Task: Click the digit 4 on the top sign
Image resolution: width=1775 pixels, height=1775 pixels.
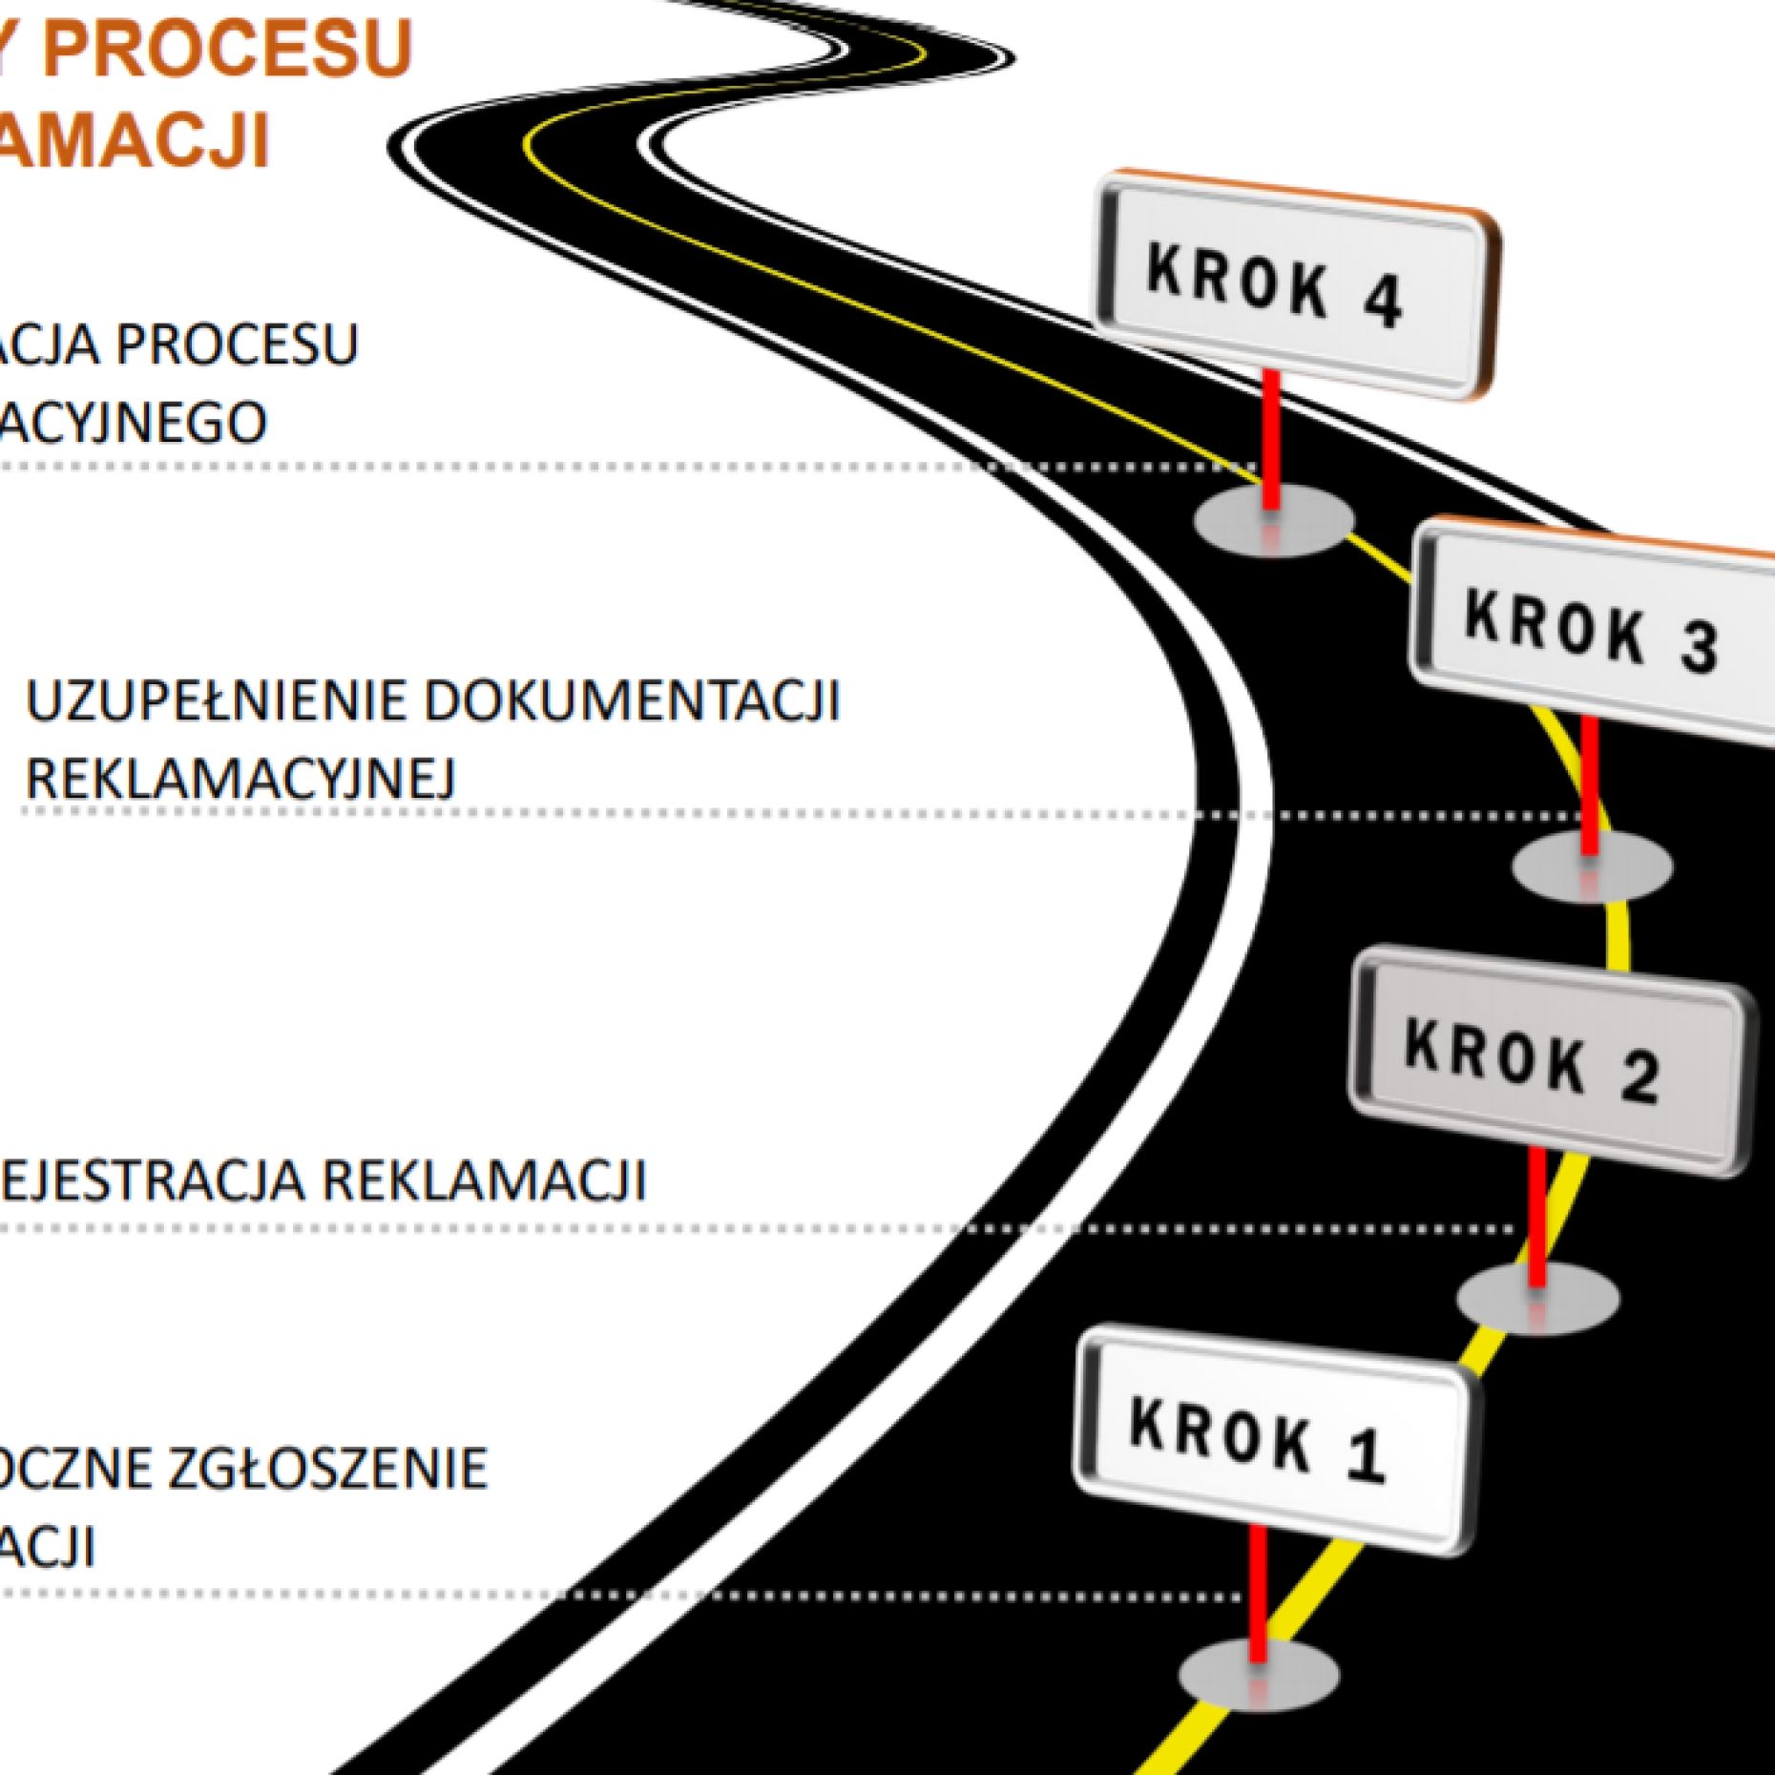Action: pyautogui.click(x=1381, y=301)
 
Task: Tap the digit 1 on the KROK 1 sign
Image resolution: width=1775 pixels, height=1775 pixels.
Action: pyautogui.click(x=1366, y=1456)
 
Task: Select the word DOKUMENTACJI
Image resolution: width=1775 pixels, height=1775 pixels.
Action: pyautogui.click(x=631, y=701)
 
